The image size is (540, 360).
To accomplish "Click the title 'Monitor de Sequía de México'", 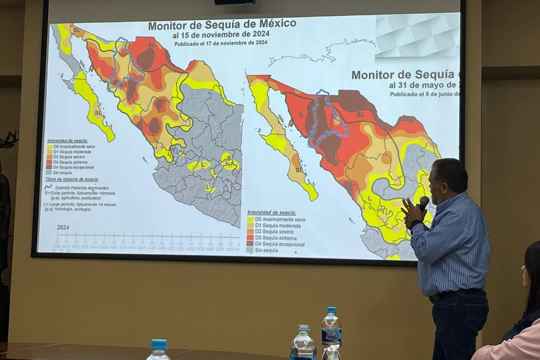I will pyautogui.click(x=222, y=25).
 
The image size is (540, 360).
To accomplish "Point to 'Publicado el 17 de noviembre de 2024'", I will pyautogui.click(x=220, y=43).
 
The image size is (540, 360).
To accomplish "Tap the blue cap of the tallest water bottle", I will pyautogui.click(x=332, y=310).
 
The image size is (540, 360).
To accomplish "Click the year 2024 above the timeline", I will pyautogui.click(x=63, y=228).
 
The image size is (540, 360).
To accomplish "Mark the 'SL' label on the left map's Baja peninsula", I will pyautogui.click(x=98, y=112).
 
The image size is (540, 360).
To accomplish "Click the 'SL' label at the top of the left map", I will pyautogui.click(x=152, y=45).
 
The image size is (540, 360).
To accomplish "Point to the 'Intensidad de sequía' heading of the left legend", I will pyautogui.click(x=67, y=141).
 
